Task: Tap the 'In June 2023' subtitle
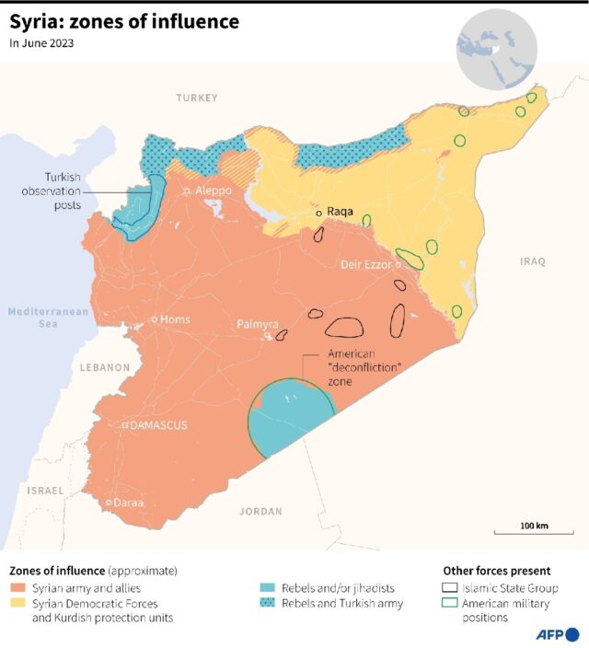click(x=41, y=42)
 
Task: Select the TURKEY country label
click(x=198, y=98)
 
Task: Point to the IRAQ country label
click(x=533, y=261)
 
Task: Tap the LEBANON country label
click(x=104, y=367)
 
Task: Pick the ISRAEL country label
click(x=45, y=491)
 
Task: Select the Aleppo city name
click(x=214, y=191)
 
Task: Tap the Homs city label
click(x=175, y=319)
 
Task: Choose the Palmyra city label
click(x=258, y=324)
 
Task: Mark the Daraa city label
click(x=129, y=503)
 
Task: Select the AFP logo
click(x=558, y=634)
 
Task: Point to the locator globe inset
click(x=496, y=46)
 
